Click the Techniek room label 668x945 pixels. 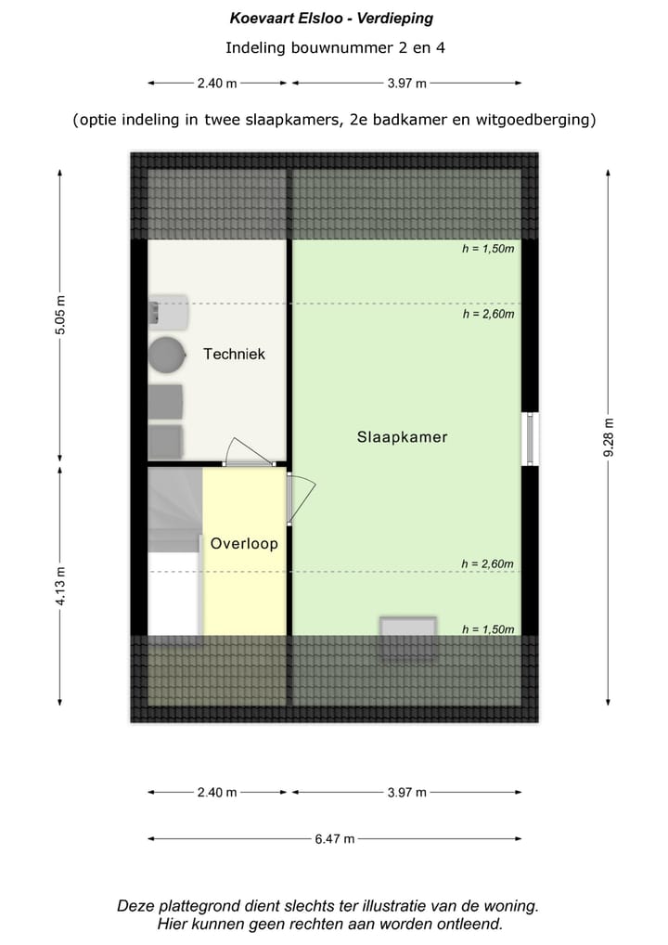coord(234,354)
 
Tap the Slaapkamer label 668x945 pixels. coord(402,437)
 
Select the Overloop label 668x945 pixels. coord(244,544)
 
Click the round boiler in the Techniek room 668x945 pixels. coord(167,355)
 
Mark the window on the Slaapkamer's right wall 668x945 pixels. coord(531,439)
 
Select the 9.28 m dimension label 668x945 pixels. coord(609,437)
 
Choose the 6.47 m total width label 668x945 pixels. coord(334,839)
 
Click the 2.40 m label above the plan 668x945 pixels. coord(216,84)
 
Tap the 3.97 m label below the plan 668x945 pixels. coord(406,792)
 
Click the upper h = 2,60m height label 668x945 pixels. coord(488,314)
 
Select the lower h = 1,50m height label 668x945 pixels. coord(488,629)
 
